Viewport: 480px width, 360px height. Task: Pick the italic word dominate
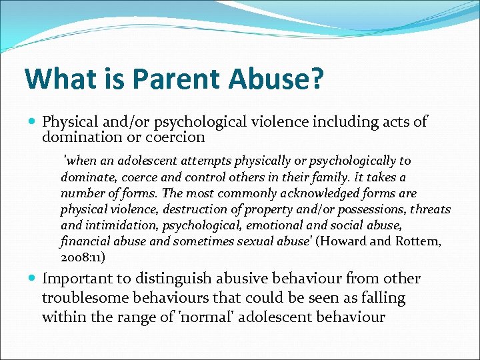(87, 177)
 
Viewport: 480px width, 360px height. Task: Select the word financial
(85, 241)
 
